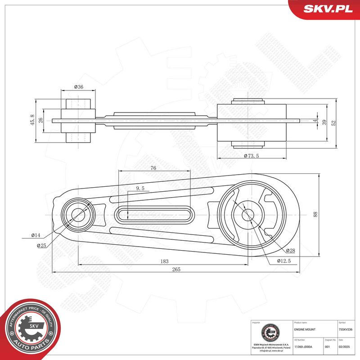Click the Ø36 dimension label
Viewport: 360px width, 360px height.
[x=78, y=87]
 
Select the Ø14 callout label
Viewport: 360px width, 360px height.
[x=36, y=235]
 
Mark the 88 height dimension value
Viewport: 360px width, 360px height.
[x=315, y=215]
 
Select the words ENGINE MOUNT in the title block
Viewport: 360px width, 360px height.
[x=304, y=330]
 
